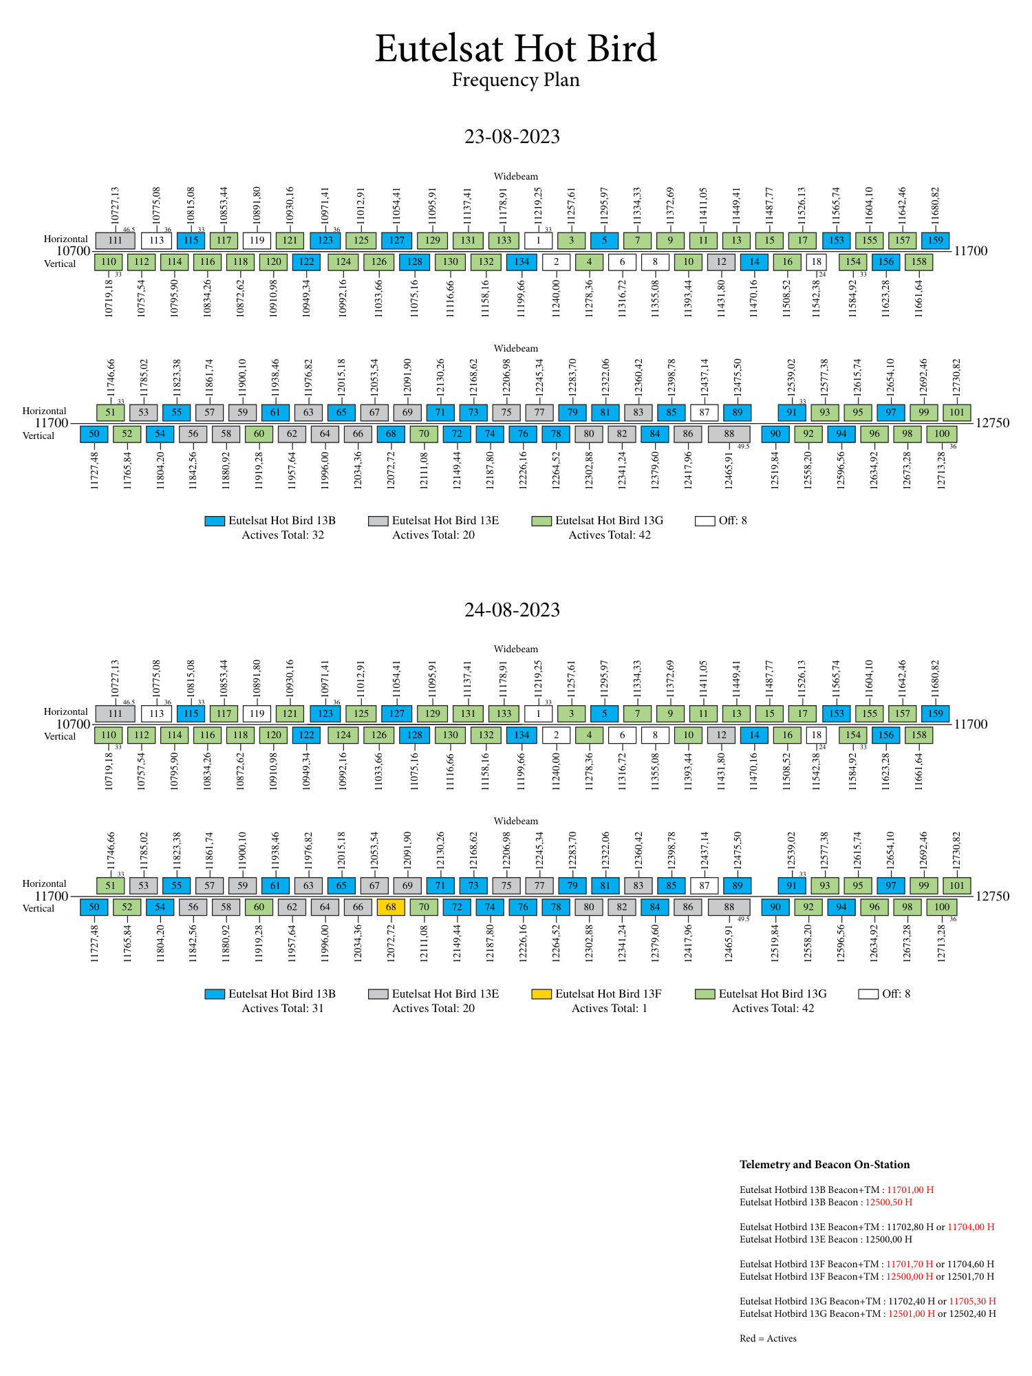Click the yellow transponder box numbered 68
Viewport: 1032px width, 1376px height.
click(391, 907)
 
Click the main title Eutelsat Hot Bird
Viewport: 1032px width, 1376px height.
click(515, 48)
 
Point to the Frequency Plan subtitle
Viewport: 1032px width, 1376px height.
click(515, 80)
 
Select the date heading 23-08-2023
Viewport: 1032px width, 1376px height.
click(512, 136)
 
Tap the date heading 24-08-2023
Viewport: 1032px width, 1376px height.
click(512, 610)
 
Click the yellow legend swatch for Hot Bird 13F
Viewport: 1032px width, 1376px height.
click(541, 994)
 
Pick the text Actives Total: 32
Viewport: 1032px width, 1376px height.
click(283, 535)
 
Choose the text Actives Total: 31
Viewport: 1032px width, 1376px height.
click(283, 1009)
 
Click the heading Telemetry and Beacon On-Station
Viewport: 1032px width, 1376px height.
click(824, 1165)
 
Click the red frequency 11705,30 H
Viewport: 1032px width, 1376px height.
click(972, 1301)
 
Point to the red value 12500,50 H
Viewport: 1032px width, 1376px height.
click(888, 1202)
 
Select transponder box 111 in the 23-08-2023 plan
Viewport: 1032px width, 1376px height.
click(115, 240)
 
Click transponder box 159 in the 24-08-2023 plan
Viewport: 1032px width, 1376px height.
click(935, 713)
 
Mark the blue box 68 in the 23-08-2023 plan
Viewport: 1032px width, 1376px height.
click(391, 434)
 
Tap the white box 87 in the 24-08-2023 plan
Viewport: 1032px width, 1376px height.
click(704, 885)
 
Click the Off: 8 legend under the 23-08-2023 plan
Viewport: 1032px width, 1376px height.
click(721, 521)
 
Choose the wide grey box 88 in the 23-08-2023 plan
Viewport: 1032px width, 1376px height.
click(729, 434)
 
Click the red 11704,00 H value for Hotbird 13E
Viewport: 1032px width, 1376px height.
click(971, 1227)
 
